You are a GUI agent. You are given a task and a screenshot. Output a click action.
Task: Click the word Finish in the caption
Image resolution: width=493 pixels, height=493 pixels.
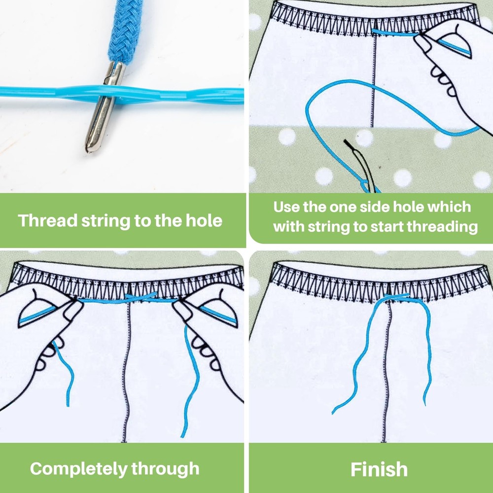(x=379, y=469)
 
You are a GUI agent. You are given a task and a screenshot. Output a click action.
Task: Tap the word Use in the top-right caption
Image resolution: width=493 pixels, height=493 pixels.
(x=286, y=207)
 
